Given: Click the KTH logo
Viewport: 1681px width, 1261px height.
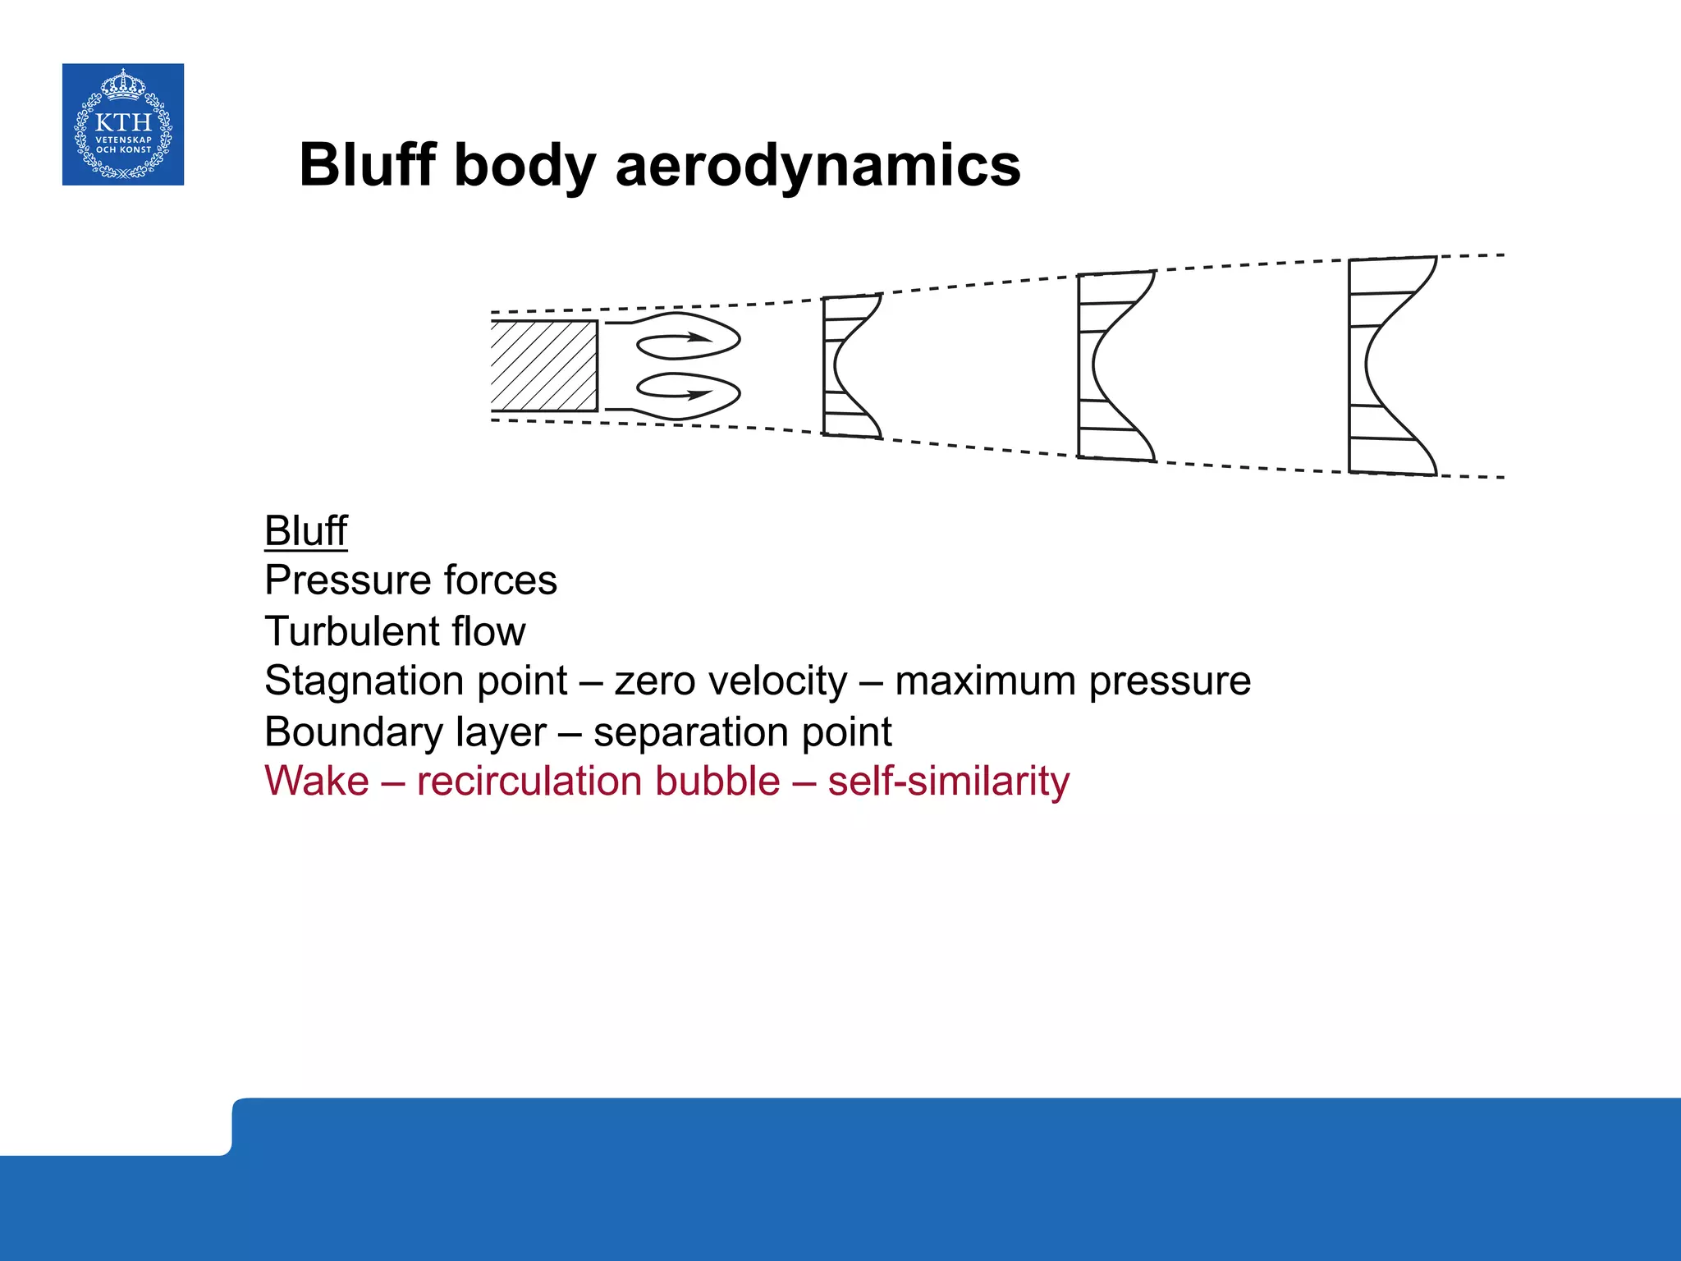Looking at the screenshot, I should pyautogui.click(x=123, y=124).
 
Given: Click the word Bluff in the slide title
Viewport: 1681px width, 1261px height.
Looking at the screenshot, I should pyautogui.click(x=367, y=165).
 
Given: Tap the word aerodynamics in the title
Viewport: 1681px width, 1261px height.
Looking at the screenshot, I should pyautogui.click(x=818, y=165).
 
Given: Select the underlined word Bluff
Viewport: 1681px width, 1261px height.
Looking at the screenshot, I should pyautogui.click(x=305, y=530).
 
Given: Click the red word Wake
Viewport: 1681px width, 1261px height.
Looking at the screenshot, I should pyautogui.click(x=317, y=781).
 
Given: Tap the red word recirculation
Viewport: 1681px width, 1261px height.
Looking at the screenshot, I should pyautogui.click(x=598, y=781).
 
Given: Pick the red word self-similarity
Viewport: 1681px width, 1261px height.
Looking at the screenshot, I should pyautogui.click(x=948, y=781).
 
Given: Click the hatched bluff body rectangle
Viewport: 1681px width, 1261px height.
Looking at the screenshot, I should pyautogui.click(x=543, y=365).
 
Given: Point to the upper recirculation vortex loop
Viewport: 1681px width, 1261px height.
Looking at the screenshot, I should pyautogui.click(x=688, y=337).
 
